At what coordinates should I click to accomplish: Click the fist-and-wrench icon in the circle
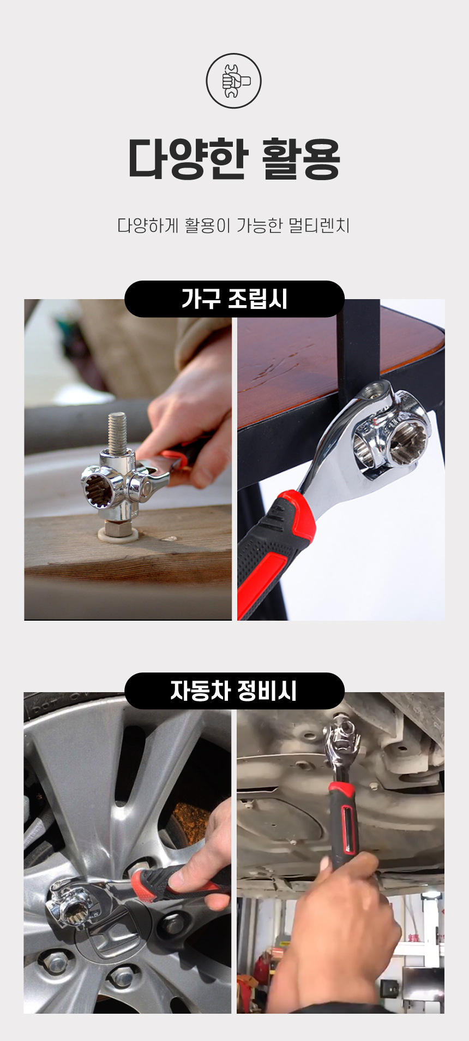(233, 81)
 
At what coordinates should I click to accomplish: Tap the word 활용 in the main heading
(301, 159)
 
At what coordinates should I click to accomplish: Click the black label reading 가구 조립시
(234, 299)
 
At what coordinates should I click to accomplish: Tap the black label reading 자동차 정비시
(234, 691)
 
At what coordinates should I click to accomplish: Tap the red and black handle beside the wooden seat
(275, 551)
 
